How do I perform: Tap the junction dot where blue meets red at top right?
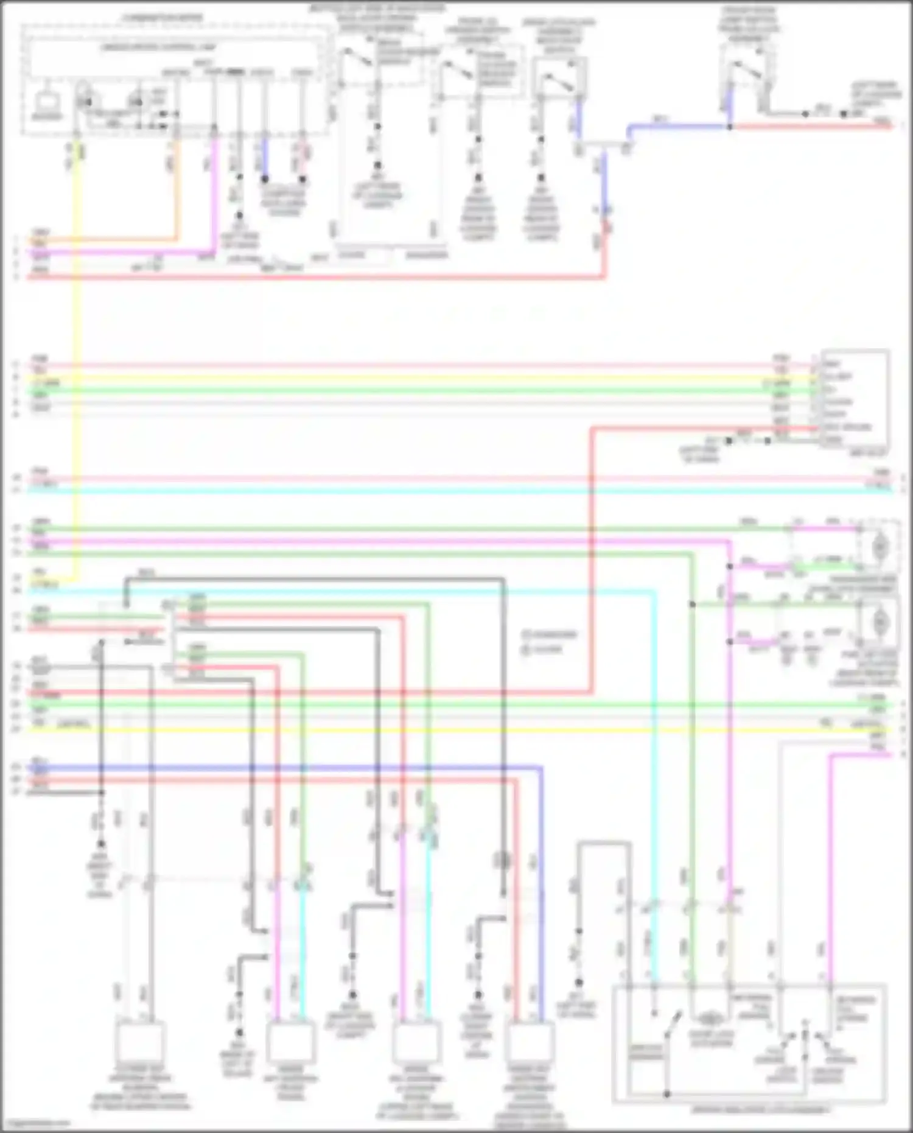tap(729, 127)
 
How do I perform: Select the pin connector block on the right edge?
tap(853, 399)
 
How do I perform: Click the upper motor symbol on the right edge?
tap(879, 547)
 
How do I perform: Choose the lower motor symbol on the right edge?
tap(879, 622)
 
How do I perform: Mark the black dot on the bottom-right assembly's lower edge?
tap(666, 1094)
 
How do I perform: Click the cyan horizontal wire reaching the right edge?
tap(463, 490)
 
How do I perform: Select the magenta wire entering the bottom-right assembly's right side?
tap(830, 852)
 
